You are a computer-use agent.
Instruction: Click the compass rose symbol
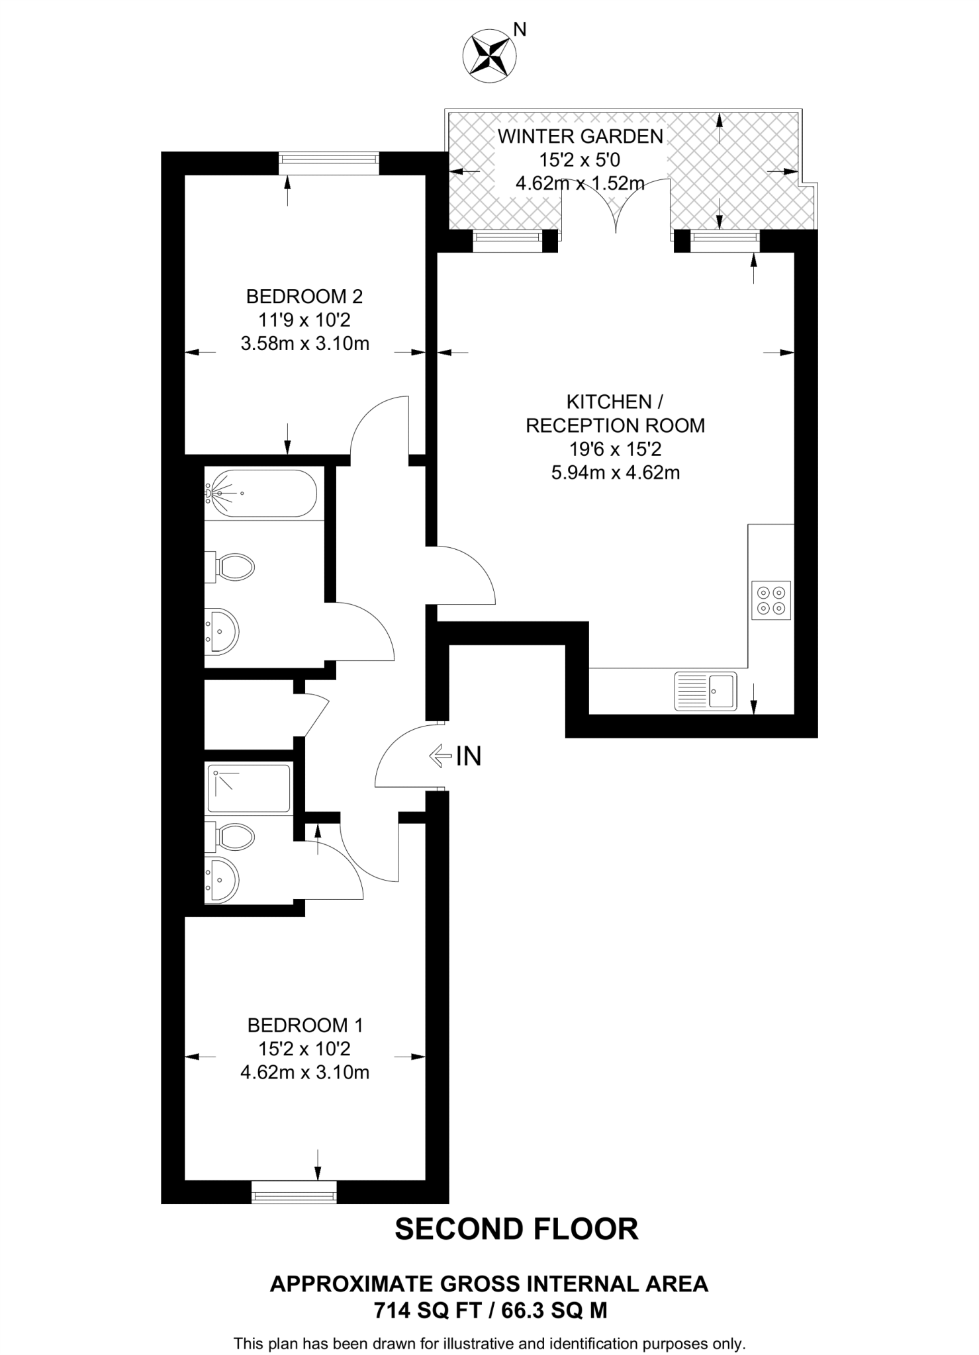(x=489, y=56)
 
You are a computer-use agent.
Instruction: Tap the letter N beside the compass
(x=521, y=29)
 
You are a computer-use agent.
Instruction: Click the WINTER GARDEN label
(x=580, y=137)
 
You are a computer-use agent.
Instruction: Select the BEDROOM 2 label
(x=304, y=296)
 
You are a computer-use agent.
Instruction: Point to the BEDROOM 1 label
(x=305, y=1026)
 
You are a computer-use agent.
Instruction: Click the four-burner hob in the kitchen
(x=771, y=600)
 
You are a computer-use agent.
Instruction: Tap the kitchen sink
(x=705, y=691)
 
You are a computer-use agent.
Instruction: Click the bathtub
(x=261, y=493)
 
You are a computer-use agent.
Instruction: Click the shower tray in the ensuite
(x=249, y=788)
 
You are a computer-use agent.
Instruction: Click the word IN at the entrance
(x=469, y=756)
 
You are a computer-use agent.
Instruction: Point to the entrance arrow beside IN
(x=440, y=756)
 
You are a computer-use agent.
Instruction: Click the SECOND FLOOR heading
(x=516, y=1229)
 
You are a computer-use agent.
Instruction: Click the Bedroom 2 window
(x=328, y=163)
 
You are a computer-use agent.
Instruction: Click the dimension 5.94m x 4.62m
(x=615, y=473)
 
